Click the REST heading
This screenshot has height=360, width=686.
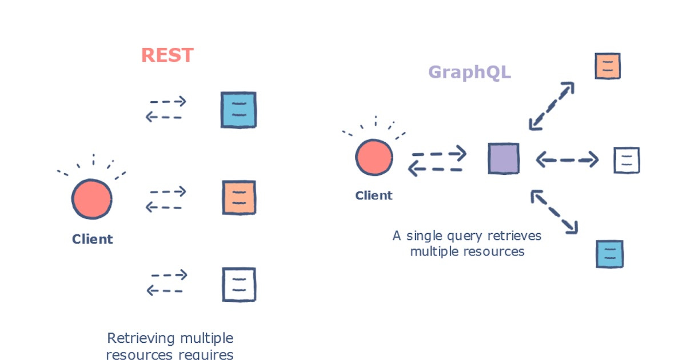pyautogui.click(x=167, y=55)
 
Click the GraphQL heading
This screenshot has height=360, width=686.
pyautogui.click(x=469, y=73)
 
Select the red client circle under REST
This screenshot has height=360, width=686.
pyautogui.click(x=91, y=199)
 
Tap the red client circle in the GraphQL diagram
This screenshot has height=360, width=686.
pyautogui.click(x=374, y=156)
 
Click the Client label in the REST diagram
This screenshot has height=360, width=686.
pyautogui.click(x=92, y=239)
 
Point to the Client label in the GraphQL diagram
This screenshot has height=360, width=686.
pyautogui.click(x=374, y=195)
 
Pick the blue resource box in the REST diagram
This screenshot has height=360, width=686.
pyautogui.click(x=238, y=110)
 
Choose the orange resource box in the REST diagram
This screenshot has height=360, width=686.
pyautogui.click(x=238, y=198)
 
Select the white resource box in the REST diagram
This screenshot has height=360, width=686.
pyautogui.click(x=238, y=285)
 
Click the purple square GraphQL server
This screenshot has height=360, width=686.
pyautogui.click(x=503, y=158)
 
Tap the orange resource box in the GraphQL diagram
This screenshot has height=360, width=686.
pyautogui.click(x=607, y=66)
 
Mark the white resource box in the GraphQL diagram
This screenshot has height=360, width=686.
pyautogui.click(x=627, y=160)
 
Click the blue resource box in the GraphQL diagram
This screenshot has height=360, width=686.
pyautogui.click(x=609, y=254)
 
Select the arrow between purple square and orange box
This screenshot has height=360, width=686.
pyautogui.click(x=551, y=106)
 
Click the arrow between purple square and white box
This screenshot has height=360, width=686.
pyautogui.click(x=567, y=160)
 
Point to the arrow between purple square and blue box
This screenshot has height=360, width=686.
pyautogui.click(x=554, y=212)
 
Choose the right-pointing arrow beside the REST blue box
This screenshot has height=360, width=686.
pyautogui.click(x=168, y=102)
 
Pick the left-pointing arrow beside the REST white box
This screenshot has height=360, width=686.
pyautogui.click(x=165, y=291)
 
